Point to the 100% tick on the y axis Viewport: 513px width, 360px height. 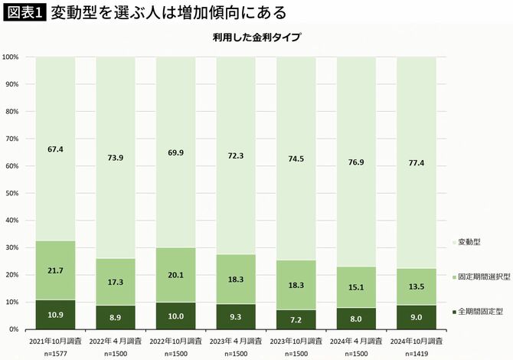11,57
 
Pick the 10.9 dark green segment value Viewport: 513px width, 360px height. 55,316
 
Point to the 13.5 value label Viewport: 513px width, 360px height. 416,287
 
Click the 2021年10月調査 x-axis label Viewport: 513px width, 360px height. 55,339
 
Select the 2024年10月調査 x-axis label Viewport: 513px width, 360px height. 416,339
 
